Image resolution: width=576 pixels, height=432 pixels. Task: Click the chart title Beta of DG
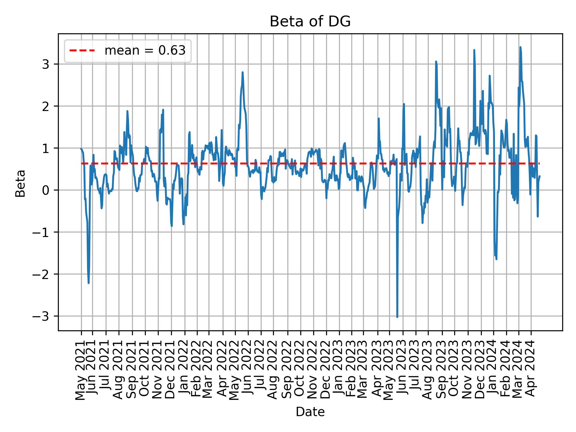[310, 22]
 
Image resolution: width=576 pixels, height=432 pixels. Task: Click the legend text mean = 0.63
[145, 51]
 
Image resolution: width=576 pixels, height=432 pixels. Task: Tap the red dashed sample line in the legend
[82, 51]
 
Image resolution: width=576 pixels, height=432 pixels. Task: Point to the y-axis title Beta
[20, 183]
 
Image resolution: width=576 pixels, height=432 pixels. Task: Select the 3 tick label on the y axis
[45, 64]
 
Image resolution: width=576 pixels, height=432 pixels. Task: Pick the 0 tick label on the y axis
[45, 190]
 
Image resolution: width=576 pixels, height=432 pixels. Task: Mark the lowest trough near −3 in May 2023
[397, 317]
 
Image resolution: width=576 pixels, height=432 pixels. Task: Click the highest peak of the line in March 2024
[520, 47]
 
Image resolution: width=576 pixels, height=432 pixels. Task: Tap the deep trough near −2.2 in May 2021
[88, 283]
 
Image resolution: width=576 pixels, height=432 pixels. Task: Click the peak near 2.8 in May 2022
[242, 72]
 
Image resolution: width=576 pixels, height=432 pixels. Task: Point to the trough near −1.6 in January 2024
[496, 259]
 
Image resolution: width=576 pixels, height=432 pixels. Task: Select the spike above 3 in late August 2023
[436, 61]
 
